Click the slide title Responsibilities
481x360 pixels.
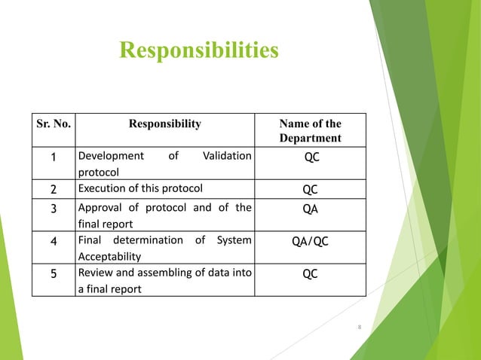pyautogui.click(x=198, y=50)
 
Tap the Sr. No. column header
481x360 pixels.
pyautogui.click(x=54, y=124)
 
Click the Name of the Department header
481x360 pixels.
pyautogui.click(x=310, y=131)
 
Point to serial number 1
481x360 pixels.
pyautogui.click(x=54, y=157)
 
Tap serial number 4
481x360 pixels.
pyautogui.click(x=54, y=242)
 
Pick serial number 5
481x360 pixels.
pyautogui.click(x=54, y=274)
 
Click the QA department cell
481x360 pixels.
pyautogui.click(x=310, y=209)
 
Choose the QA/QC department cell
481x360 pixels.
pyautogui.click(x=310, y=242)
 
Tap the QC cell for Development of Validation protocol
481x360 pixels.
pyautogui.click(x=310, y=157)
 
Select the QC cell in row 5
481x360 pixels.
pyautogui.click(x=310, y=274)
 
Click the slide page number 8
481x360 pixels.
pyautogui.click(x=359, y=327)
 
